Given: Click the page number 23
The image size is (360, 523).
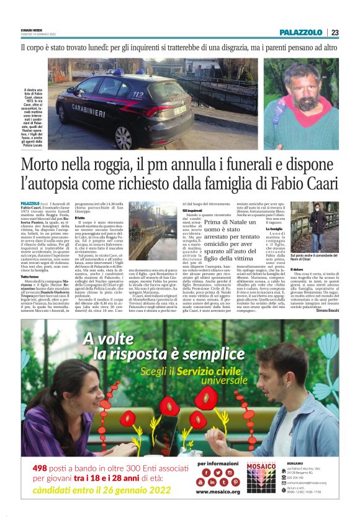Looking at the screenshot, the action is (x=335, y=32).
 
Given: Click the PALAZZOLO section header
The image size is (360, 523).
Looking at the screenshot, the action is (x=300, y=32).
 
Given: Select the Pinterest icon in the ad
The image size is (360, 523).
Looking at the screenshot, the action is (x=236, y=481).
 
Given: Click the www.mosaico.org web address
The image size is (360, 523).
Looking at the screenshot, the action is (x=219, y=492).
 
